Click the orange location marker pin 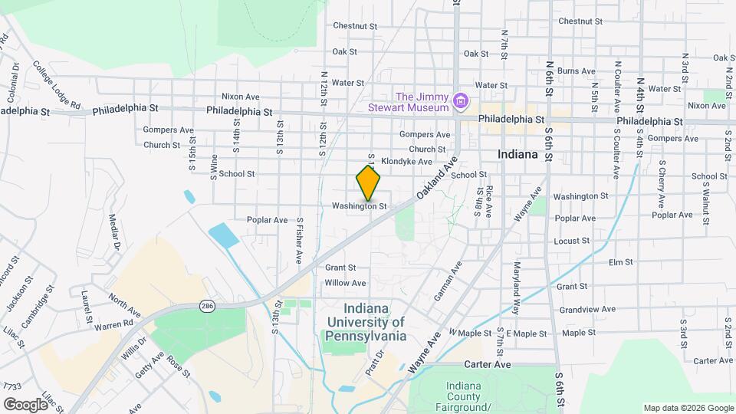click(x=369, y=183)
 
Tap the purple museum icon click(x=460, y=101)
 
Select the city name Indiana click(x=517, y=154)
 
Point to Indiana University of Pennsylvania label click(x=365, y=321)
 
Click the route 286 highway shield click(x=206, y=306)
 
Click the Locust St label click(x=571, y=241)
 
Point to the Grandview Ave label click(x=587, y=310)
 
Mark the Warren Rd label click(x=113, y=327)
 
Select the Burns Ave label click(x=577, y=71)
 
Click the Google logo click(x=25, y=404)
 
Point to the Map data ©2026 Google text click(x=688, y=408)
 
